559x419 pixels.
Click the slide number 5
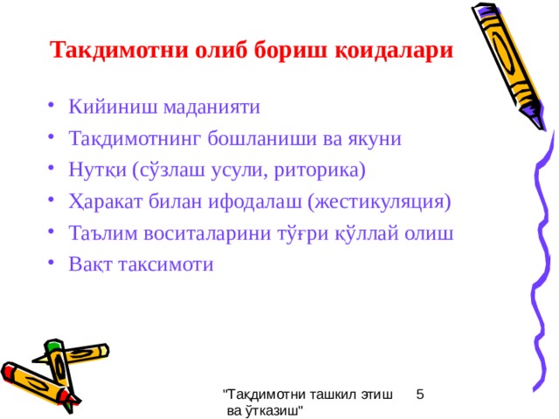pyautogui.click(x=420, y=395)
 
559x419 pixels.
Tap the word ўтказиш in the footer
pyautogui.click(x=274, y=411)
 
